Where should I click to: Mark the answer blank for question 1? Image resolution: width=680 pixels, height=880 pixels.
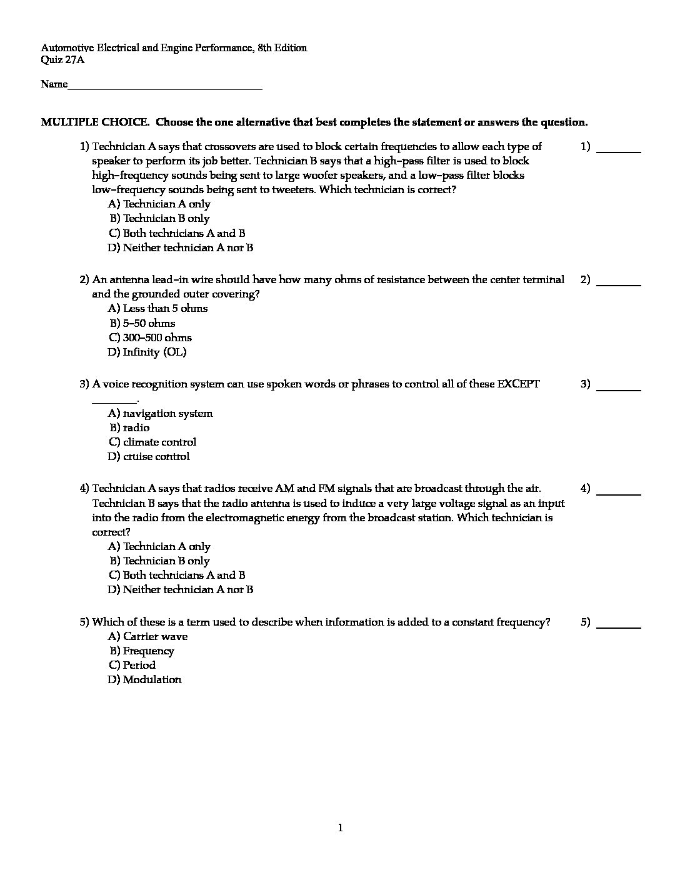pyautogui.click(x=619, y=150)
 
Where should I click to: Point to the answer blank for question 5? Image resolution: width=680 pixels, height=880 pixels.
pyautogui.click(x=619, y=625)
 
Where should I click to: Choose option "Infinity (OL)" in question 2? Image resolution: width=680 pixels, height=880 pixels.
pyautogui.click(x=154, y=352)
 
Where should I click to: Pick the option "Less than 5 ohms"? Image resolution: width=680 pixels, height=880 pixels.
pyautogui.click(x=165, y=308)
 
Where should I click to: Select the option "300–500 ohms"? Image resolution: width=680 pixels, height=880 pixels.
pyautogui.click(x=157, y=337)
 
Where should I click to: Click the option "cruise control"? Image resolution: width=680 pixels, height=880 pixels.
pyautogui.click(x=156, y=456)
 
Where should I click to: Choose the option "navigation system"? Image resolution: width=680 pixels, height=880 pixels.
pyautogui.click(x=167, y=413)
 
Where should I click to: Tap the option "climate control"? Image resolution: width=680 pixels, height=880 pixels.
pyautogui.click(x=159, y=442)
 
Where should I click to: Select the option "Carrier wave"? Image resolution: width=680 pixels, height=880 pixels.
pyautogui.click(x=155, y=636)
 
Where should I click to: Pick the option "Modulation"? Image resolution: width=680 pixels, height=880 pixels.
pyautogui.click(x=152, y=679)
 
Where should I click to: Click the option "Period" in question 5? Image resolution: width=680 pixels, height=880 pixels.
pyautogui.click(x=139, y=665)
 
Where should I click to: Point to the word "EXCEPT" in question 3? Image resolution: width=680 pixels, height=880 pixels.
pyautogui.click(x=518, y=384)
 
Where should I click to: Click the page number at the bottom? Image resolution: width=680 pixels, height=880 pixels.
pyautogui.click(x=340, y=828)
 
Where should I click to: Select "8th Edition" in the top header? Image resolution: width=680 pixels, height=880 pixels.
pyautogui.click(x=282, y=47)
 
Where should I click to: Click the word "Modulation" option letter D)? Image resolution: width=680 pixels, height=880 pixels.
pyautogui.click(x=114, y=679)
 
